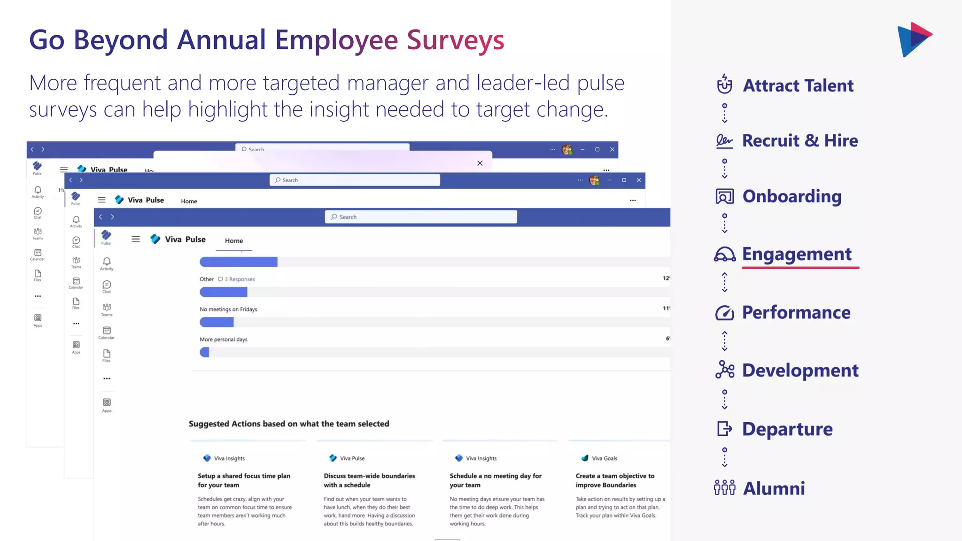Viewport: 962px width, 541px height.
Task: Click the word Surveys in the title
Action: click(x=455, y=40)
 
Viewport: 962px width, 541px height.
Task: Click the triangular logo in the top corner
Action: click(x=914, y=39)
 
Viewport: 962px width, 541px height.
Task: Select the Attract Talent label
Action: click(x=798, y=85)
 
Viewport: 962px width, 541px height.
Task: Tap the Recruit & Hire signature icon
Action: click(x=724, y=141)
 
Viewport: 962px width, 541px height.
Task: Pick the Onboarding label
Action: click(x=791, y=196)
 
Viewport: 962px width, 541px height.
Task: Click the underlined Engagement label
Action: click(x=797, y=254)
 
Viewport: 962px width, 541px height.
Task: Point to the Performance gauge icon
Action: click(x=724, y=313)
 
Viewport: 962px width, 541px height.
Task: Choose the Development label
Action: click(x=800, y=371)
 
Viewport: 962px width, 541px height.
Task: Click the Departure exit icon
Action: click(x=724, y=429)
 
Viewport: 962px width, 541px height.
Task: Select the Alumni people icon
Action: click(x=724, y=488)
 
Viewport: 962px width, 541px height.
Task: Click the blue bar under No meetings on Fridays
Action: click(x=217, y=322)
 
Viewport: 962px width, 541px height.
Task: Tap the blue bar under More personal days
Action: click(x=204, y=352)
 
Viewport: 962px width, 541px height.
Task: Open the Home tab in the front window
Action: click(x=234, y=240)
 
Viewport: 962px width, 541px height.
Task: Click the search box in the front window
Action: click(x=421, y=217)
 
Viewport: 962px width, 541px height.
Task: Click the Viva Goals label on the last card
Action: click(x=604, y=458)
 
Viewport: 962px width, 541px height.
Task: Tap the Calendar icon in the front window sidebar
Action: click(x=107, y=332)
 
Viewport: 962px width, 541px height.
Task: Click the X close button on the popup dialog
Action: click(x=480, y=163)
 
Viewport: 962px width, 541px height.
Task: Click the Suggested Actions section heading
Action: click(x=289, y=424)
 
